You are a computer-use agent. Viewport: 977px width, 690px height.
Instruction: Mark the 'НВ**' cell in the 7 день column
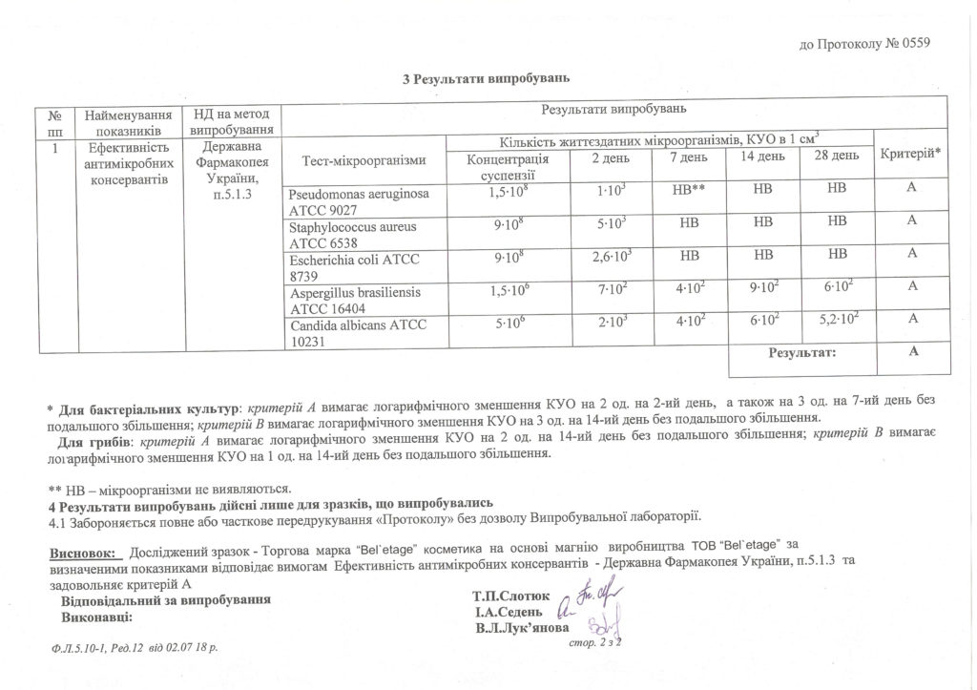click(688, 191)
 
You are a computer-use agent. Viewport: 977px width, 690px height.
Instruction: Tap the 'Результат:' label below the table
click(802, 353)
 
